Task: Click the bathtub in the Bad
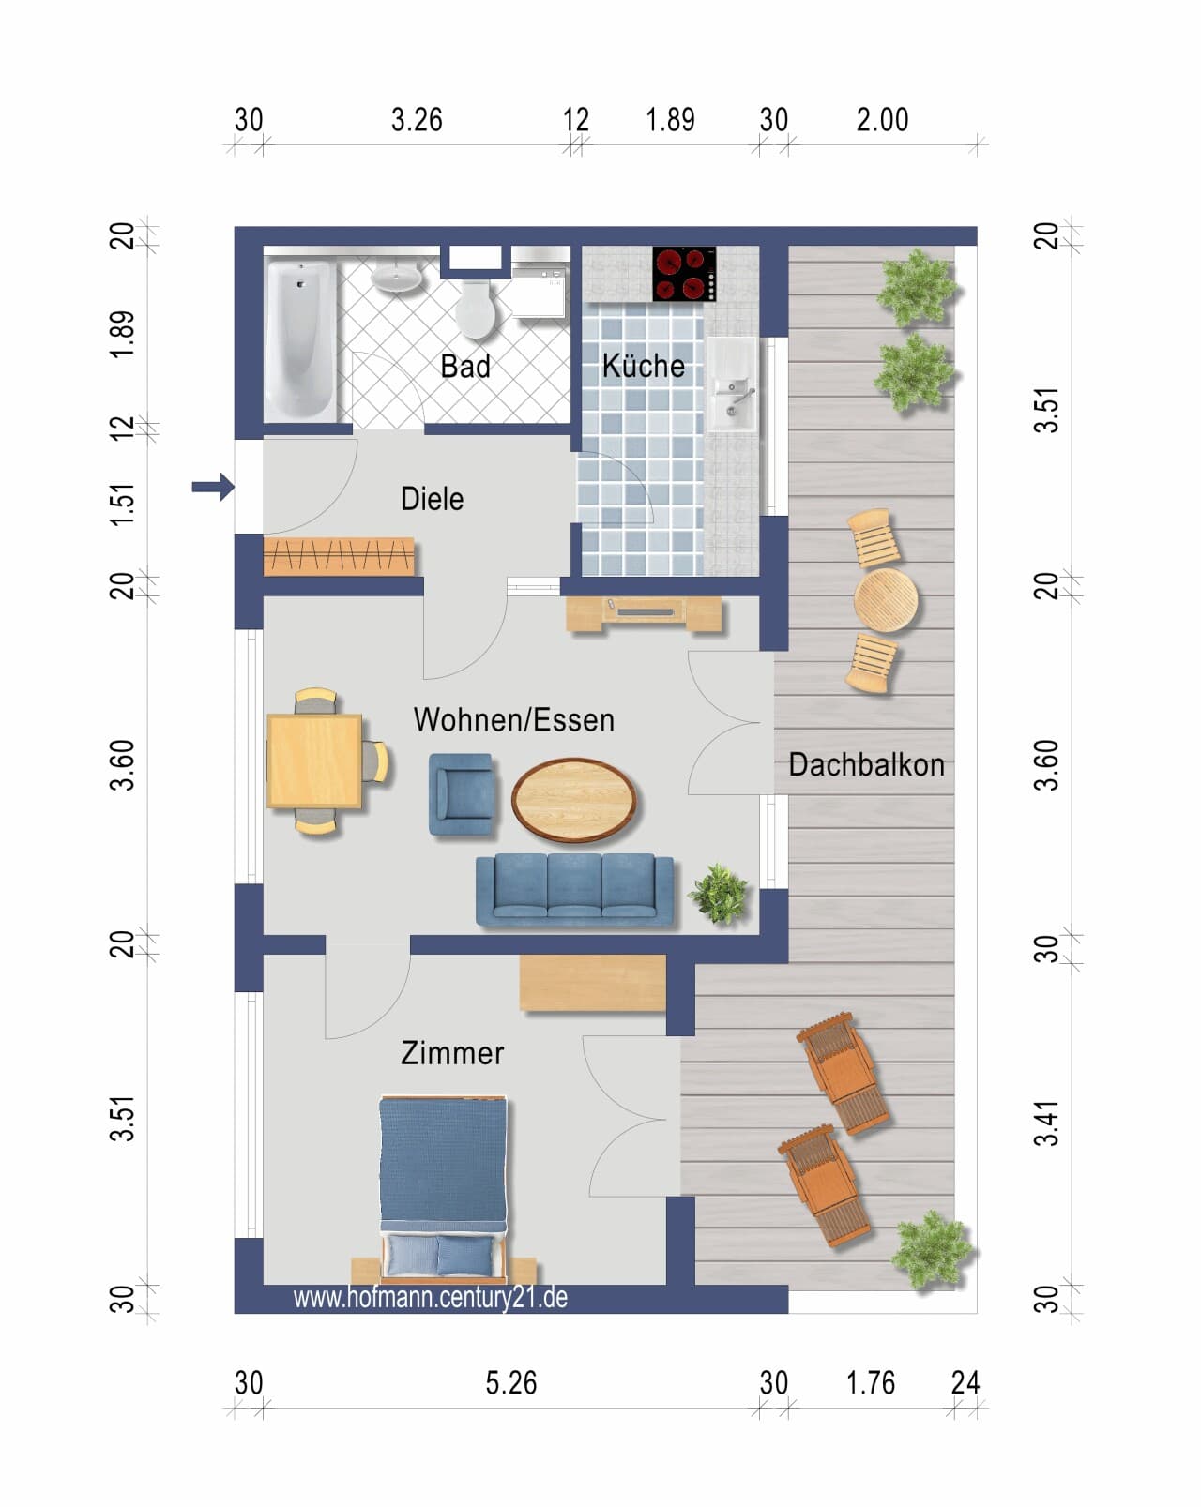click(x=300, y=340)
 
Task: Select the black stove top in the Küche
click(x=684, y=274)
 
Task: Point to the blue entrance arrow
click(x=213, y=487)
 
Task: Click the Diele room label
click(x=432, y=499)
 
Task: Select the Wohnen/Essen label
click(x=513, y=720)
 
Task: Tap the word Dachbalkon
click(x=866, y=764)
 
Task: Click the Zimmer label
click(x=452, y=1053)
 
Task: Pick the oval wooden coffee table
click(x=574, y=800)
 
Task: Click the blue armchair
click(x=461, y=795)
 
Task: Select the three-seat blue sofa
click(x=574, y=891)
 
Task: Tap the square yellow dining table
click(x=314, y=761)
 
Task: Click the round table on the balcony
click(x=886, y=600)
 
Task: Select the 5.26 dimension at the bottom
click(x=510, y=1383)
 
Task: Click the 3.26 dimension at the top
click(x=417, y=120)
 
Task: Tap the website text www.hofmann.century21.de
click(x=431, y=1298)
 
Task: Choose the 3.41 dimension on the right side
click(x=1046, y=1123)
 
